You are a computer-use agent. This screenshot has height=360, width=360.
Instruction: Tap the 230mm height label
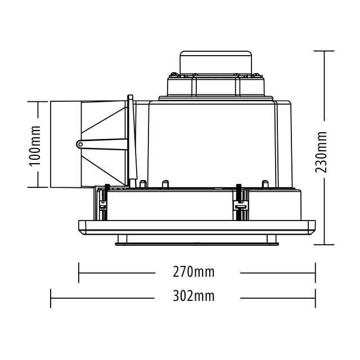(322, 152)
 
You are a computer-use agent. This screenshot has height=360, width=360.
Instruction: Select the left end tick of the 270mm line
(79, 273)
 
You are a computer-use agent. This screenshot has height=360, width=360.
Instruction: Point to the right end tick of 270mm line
(315, 273)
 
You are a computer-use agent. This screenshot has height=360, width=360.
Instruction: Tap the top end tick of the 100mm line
(37, 101)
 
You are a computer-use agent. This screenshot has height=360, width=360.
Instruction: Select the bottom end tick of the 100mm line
(37, 187)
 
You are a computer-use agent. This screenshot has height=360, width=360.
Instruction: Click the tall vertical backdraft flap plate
(131, 141)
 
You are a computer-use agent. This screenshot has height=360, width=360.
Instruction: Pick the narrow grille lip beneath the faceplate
(197, 241)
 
